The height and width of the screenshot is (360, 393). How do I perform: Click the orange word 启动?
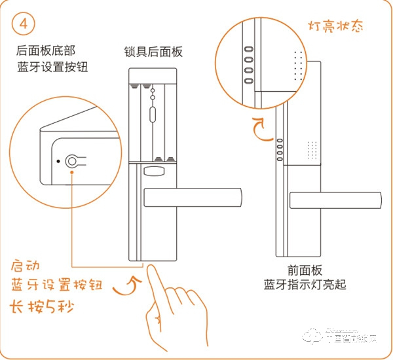tap(26, 266)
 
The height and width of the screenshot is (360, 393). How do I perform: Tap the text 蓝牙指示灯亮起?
tap(305, 285)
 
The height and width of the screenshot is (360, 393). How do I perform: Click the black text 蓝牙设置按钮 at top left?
tap(52, 67)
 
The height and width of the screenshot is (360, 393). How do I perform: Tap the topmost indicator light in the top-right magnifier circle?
tap(249, 48)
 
